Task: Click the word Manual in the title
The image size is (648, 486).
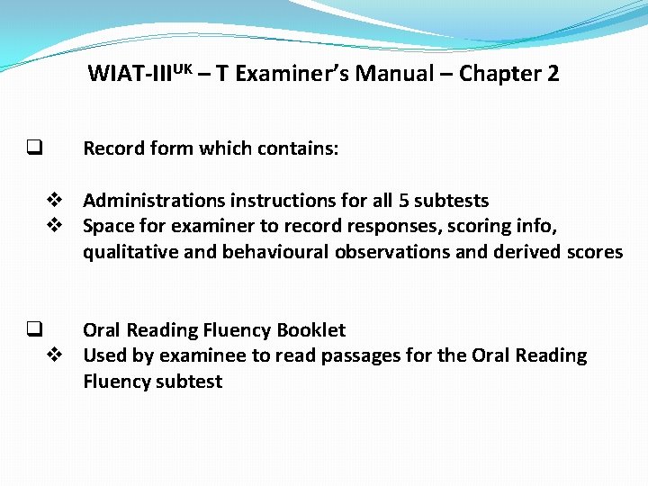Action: pos(394,74)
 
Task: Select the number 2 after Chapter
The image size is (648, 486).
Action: pos(553,74)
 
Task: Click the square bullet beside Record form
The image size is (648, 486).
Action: pos(35,147)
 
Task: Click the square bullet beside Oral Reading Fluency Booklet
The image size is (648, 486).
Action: pos(35,329)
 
